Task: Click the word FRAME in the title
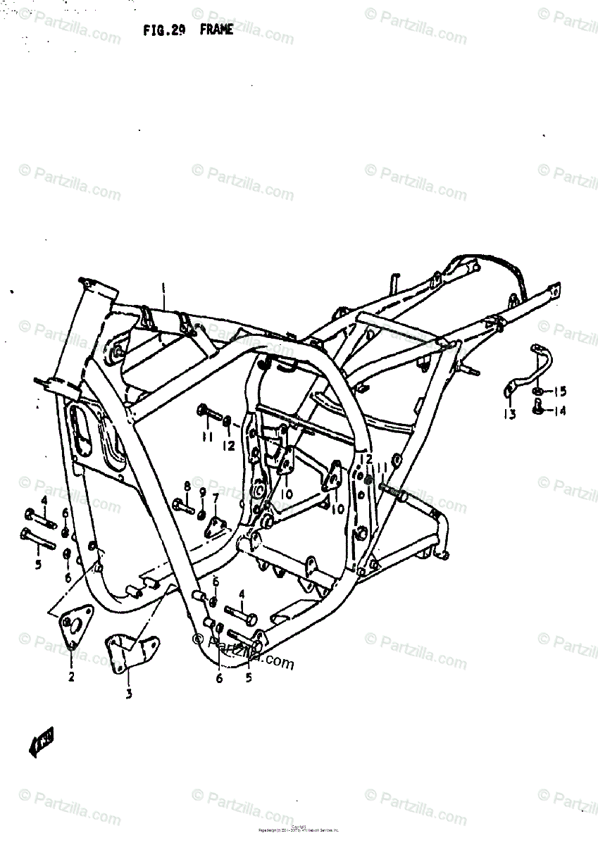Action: (x=216, y=30)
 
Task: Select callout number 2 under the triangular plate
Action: (x=71, y=677)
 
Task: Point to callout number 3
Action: (x=129, y=693)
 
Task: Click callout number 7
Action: (x=216, y=498)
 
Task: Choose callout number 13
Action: (x=510, y=413)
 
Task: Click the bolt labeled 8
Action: (x=183, y=504)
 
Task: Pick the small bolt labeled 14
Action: (x=539, y=405)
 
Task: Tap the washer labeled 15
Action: (x=539, y=390)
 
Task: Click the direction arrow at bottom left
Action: (x=42, y=743)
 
